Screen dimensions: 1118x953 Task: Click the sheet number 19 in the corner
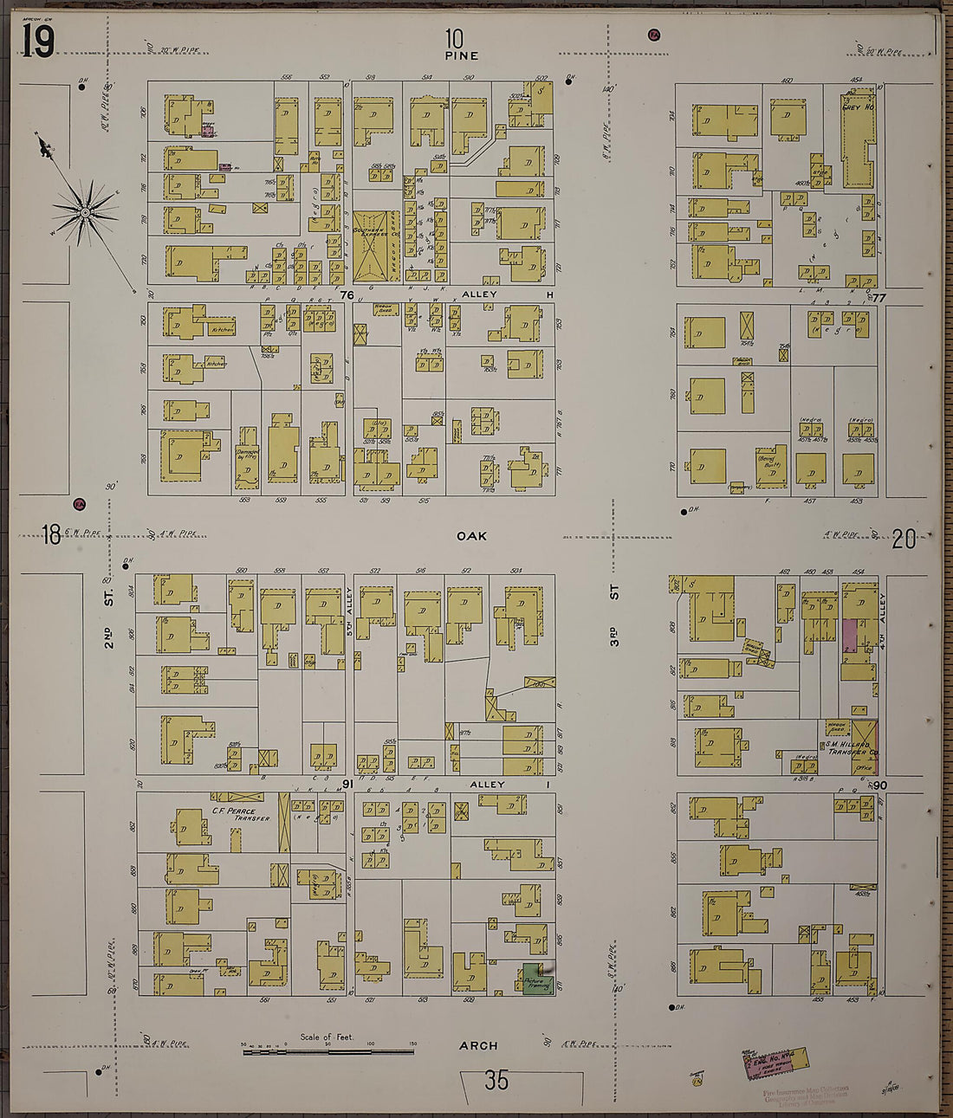coord(38,41)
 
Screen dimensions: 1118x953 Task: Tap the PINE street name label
coord(461,55)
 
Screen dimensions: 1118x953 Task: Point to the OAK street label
coord(471,536)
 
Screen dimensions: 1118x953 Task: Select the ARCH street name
coord(478,1046)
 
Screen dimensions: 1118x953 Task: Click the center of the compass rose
coord(85,211)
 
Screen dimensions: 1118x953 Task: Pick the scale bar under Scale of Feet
coord(327,1051)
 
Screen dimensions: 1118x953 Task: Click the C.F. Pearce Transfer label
coord(240,815)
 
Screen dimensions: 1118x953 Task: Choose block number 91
coord(345,785)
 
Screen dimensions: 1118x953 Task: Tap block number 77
coord(879,298)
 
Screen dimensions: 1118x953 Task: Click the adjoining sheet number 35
coord(496,1080)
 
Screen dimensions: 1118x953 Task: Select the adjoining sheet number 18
coord(51,535)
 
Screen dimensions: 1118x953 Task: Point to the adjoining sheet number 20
coord(904,540)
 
